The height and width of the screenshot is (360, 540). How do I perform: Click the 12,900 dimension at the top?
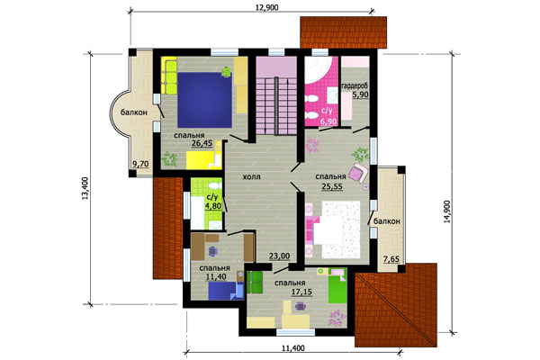tap(267, 7)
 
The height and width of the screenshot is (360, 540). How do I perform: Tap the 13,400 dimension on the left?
tap(85, 188)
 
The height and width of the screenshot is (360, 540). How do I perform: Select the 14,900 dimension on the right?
tap(446, 211)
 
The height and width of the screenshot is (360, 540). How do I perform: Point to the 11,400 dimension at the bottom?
tap(293, 348)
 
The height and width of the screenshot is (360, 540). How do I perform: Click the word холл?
tap(251, 177)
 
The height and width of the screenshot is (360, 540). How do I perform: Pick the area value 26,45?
tap(202, 144)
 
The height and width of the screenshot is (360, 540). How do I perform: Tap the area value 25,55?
tap(332, 186)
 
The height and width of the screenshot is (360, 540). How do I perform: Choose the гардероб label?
tap(355, 85)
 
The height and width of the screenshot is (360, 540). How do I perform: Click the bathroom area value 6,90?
tap(328, 121)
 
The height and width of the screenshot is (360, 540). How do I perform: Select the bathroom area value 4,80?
tap(212, 206)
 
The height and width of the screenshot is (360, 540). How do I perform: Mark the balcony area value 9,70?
tap(140, 164)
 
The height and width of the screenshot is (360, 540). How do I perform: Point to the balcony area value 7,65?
tap(391, 259)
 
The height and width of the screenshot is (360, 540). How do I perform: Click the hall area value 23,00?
tap(279, 256)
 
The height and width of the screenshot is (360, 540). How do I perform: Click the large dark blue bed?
tap(204, 100)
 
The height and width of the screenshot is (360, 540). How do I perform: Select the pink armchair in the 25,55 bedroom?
tap(358, 173)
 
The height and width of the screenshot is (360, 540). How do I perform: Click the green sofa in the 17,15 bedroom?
tap(255, 283)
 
